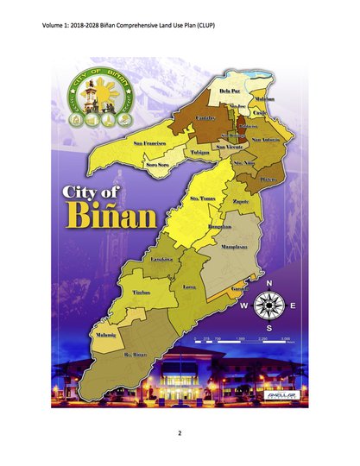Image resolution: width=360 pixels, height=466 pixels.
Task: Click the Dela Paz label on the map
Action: click(x=230, y=91)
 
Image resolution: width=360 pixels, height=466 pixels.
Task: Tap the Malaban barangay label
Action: click(x=265, y=99)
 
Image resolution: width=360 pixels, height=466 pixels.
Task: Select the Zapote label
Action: click(x=243, y=201)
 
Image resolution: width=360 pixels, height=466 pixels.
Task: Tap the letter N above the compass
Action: click(x=271, y=283)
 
